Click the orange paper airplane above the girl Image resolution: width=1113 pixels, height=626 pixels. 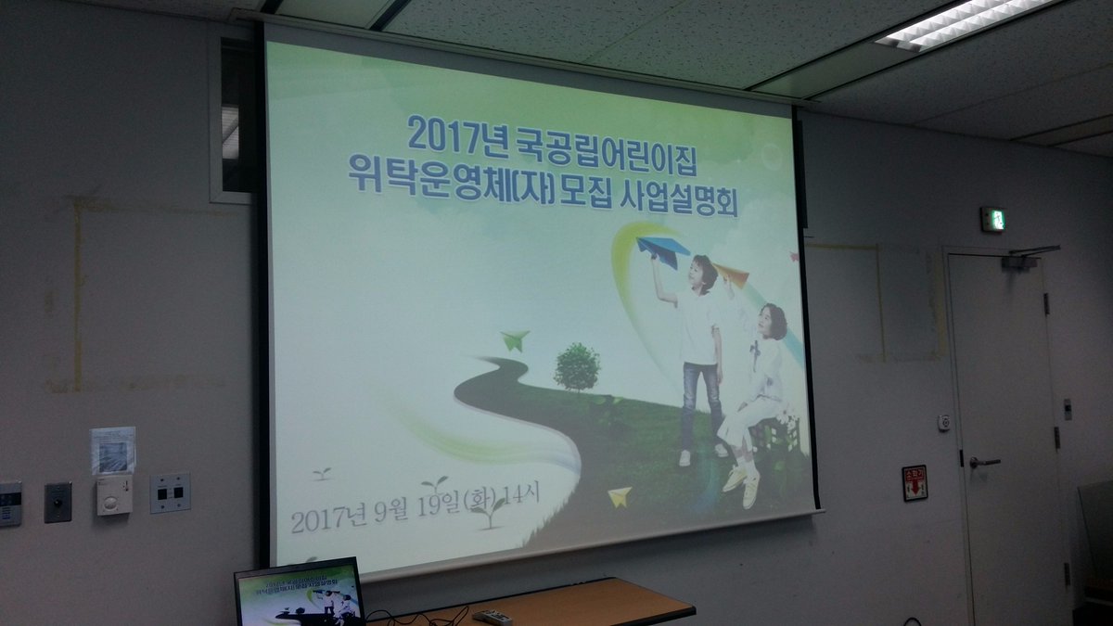coord(731,274)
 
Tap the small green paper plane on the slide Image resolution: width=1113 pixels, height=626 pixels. coord(515,339)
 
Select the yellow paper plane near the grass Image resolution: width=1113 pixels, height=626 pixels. coord(619,496)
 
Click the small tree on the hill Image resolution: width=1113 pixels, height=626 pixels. coord(577,366)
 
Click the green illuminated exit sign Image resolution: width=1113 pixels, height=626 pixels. coord(991,219)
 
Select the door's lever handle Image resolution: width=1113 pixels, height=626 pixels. coord(982,461)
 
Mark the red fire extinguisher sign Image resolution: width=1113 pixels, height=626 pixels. coord(915,483)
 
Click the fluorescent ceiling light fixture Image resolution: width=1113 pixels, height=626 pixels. coord(965,22)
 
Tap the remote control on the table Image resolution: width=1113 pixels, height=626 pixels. coord(492,616)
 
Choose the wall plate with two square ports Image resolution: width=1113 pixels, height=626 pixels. coord(170,492)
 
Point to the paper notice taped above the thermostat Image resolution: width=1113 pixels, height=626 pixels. coord(113,450)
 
